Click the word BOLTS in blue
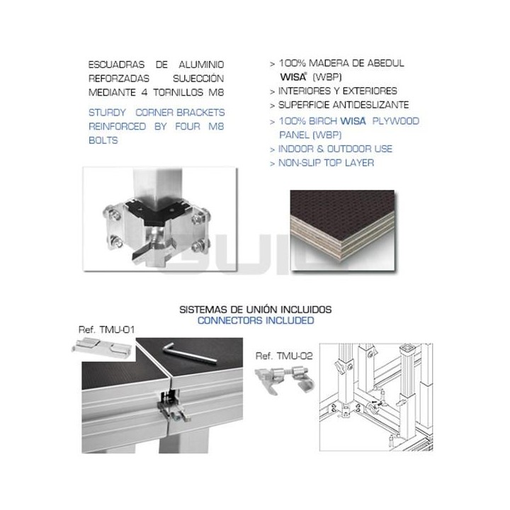103,141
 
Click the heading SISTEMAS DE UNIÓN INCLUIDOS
255,310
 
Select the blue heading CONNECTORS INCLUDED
255,320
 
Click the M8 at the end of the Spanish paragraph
215,91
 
